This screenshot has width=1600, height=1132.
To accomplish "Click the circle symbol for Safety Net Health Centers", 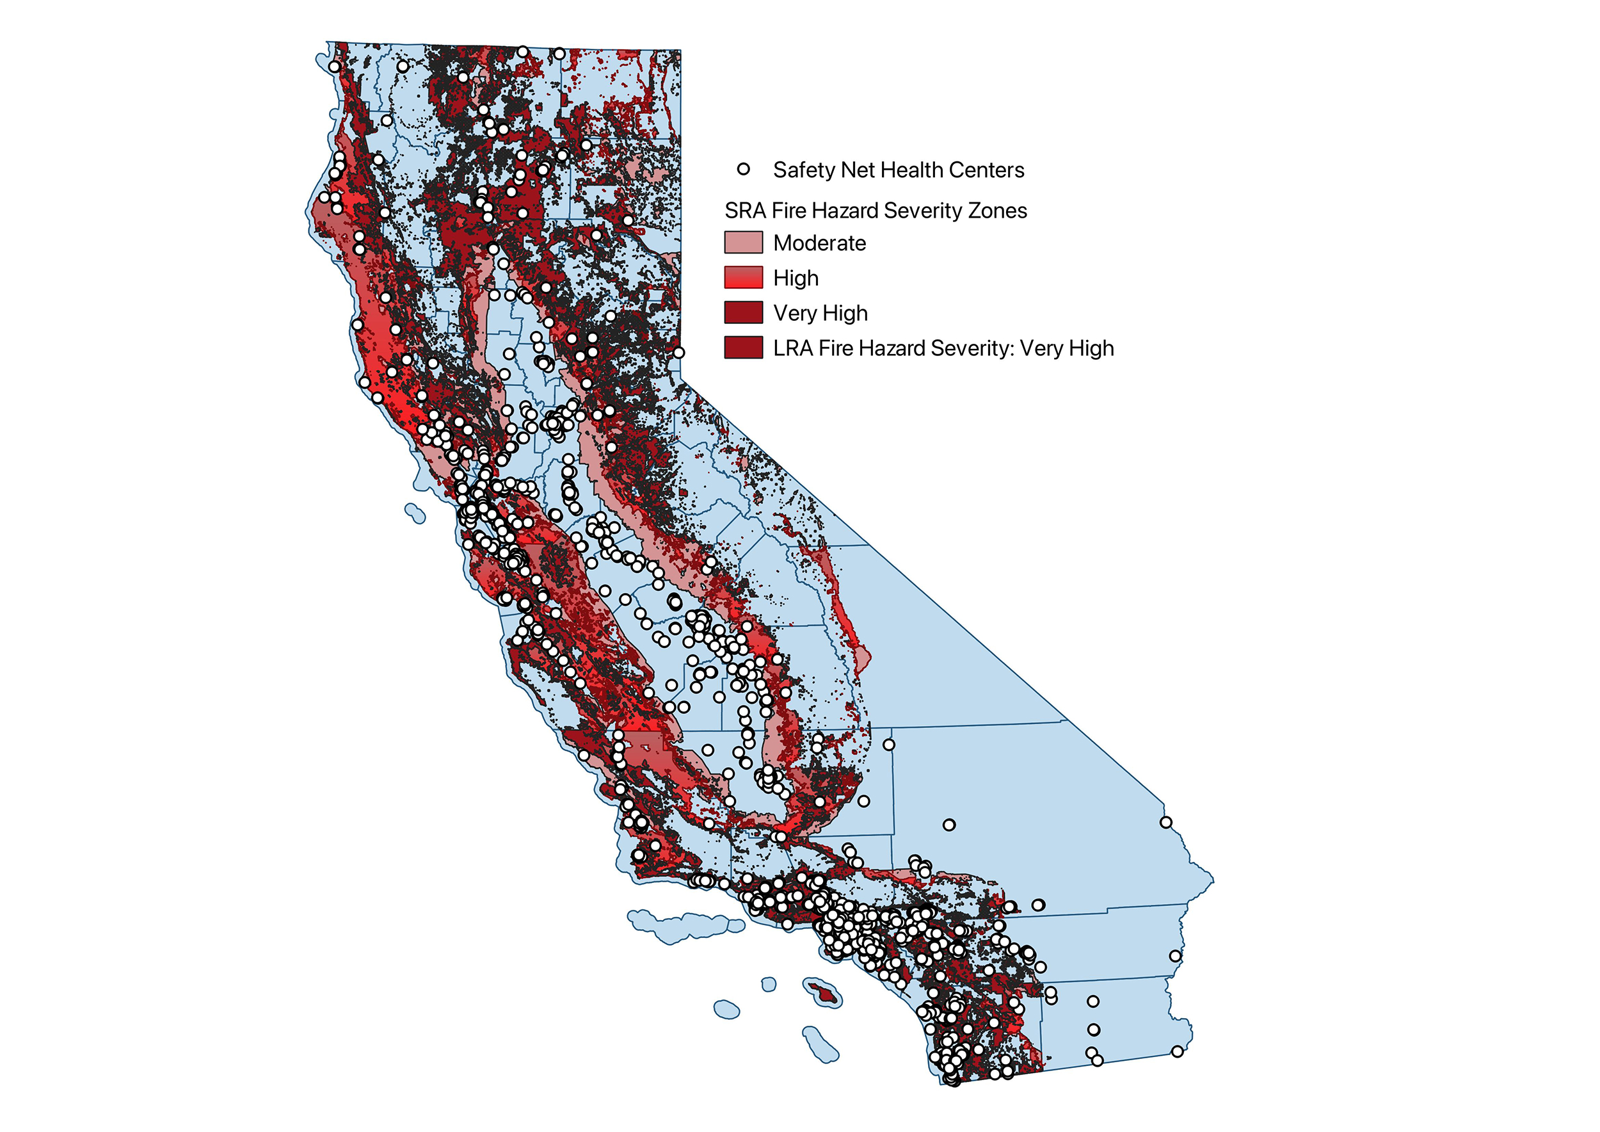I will point(744,170).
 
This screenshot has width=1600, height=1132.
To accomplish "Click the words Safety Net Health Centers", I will point(899,170).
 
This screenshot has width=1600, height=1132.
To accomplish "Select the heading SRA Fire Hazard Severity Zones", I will point(876,211).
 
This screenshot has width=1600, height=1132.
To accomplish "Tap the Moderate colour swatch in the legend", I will point(744,243).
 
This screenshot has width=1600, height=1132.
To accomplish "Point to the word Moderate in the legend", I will point(819,243).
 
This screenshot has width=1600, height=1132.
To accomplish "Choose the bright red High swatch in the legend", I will point(744,277).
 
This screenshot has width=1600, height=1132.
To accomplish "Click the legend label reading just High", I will point(796,278).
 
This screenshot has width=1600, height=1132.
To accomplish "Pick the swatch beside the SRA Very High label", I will point(744,312).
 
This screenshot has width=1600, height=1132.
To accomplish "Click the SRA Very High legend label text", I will point(820,313).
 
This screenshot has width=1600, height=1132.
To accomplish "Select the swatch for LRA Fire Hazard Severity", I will point(744,347).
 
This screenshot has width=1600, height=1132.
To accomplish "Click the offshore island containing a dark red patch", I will point(822,992).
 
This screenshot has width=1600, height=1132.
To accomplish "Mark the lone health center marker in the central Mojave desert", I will point(948,825).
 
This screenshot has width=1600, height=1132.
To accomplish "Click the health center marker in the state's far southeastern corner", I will point(1177,1051).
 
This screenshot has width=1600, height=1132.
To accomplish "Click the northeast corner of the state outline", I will point(680,50).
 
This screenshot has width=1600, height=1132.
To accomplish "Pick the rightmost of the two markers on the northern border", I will point(559,54).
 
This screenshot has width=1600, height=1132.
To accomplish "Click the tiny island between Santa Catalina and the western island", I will point(768,984).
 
